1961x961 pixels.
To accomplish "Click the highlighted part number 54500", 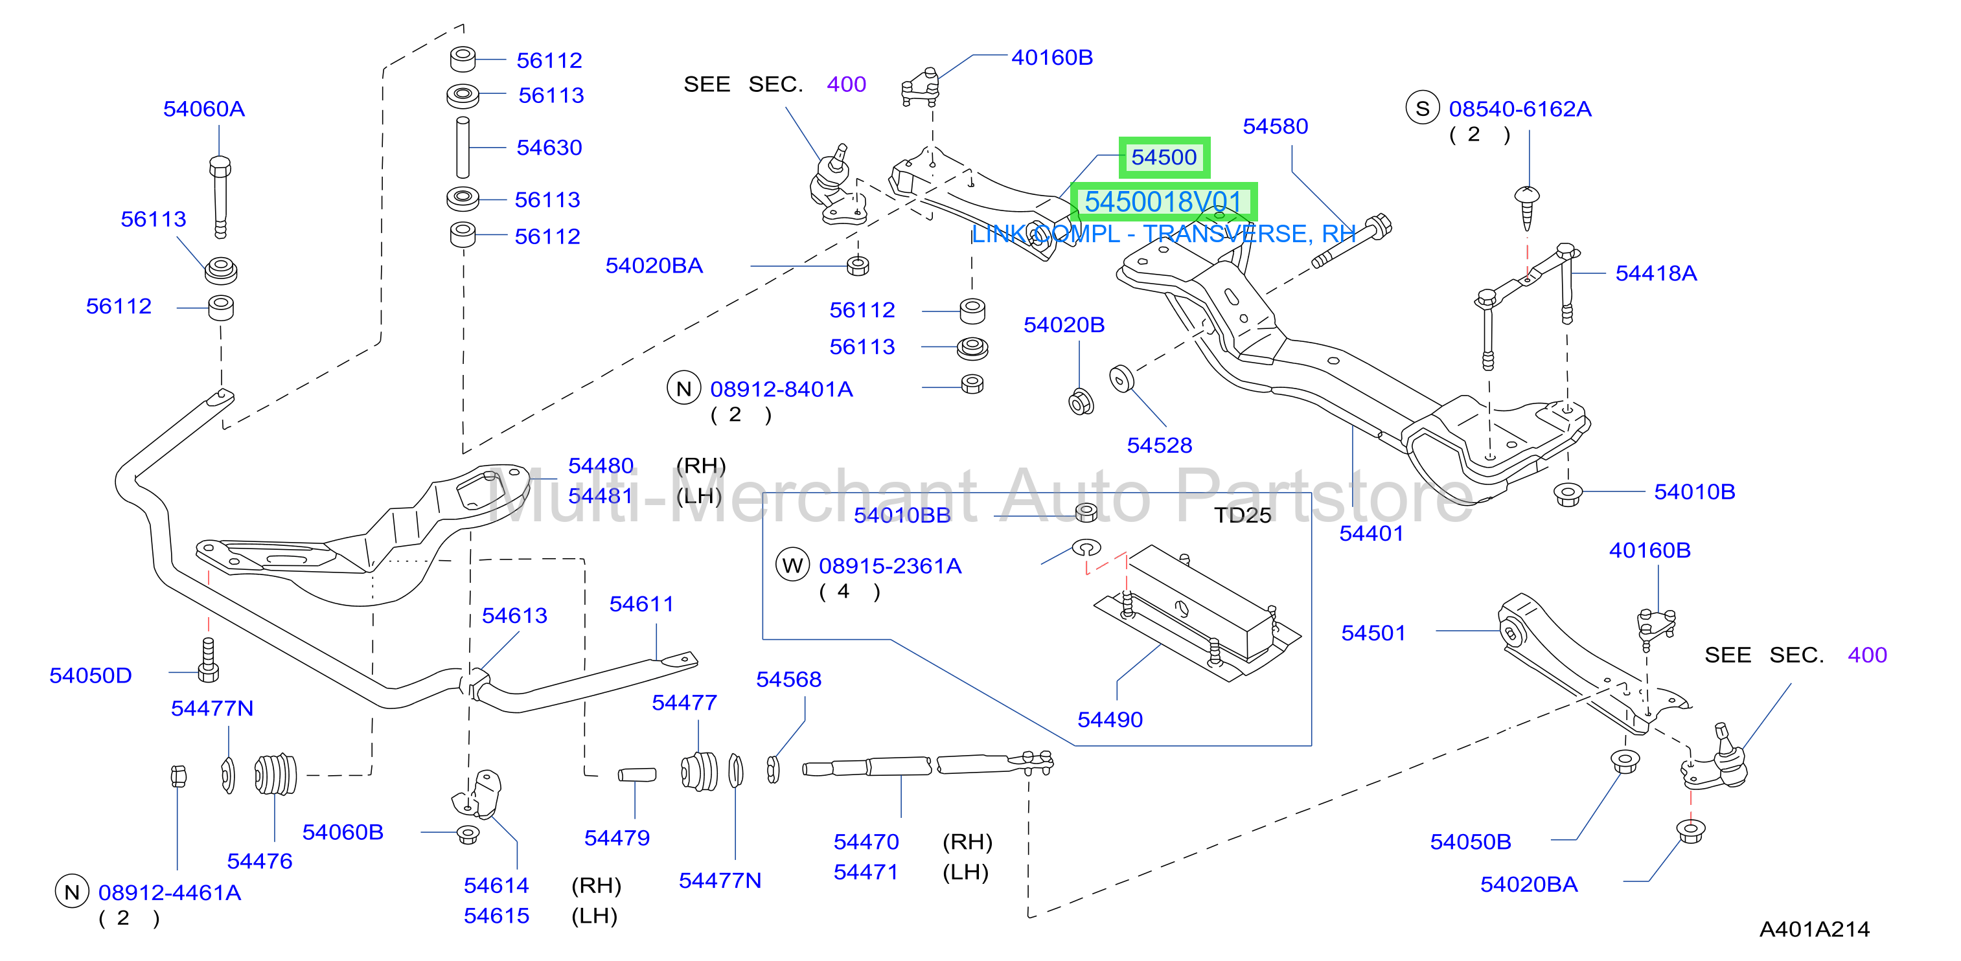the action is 1164,157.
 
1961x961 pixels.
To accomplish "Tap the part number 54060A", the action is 204,109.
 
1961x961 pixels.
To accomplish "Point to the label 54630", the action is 549,148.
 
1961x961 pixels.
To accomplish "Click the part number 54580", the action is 1275,126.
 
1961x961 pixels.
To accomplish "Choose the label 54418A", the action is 1656,273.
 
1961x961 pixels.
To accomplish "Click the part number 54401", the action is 1371,534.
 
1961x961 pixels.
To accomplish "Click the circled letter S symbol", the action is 1422,108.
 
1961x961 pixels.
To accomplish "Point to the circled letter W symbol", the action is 792,565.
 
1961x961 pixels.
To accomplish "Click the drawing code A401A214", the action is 1814,929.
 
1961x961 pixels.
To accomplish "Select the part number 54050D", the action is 91,675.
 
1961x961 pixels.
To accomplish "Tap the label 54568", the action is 788,679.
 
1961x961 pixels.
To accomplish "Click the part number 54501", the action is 1373,633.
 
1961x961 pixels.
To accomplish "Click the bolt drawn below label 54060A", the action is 220,196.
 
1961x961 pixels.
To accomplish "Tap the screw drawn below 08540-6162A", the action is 1527,207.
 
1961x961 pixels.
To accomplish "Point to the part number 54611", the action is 642,604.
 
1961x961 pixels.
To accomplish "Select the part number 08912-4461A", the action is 170,892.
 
